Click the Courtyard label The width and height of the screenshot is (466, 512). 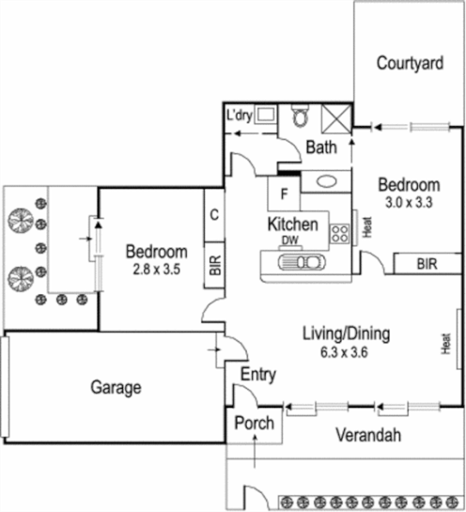[x=409, y=64]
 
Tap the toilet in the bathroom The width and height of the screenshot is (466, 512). [x=301, y=116]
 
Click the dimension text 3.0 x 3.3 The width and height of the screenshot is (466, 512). [x=408, y=201]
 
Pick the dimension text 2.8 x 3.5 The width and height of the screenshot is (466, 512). [x=157, y=269]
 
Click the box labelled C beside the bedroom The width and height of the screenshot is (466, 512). [x=215, y=214]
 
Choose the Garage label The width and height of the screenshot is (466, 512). [x=116, y=386]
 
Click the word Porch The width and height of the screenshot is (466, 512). [x=254, y=423]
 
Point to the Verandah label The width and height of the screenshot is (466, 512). [x=369, y=435]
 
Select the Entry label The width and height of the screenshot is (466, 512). [x=258, y=375]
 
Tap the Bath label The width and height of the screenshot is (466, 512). [x=321, y=147]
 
